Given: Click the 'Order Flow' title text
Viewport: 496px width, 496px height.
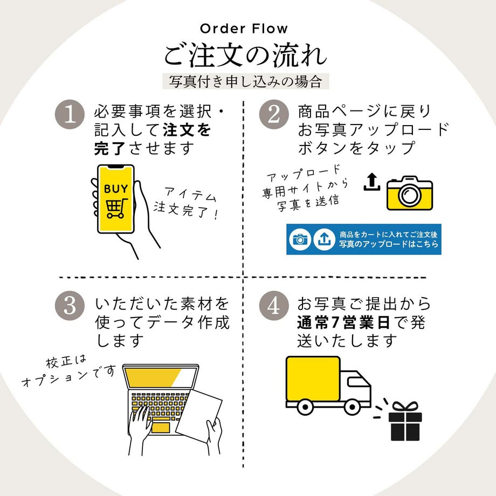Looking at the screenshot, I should click(244, 29).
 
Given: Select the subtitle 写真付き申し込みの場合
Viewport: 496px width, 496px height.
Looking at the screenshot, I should click(245, 82).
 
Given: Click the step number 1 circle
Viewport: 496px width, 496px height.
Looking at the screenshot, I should click(71, 115).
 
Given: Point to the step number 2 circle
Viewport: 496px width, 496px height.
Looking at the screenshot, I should click(274, 115).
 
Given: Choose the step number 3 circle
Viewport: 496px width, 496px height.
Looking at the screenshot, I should click(71, 306).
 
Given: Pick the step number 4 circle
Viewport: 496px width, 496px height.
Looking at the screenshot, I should click(274, 306).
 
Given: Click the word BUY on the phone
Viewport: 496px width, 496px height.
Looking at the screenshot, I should click(116, 189).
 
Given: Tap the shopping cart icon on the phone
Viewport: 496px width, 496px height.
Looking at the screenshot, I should click(115, 209).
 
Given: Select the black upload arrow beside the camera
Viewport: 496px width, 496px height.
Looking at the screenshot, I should click(371, 182).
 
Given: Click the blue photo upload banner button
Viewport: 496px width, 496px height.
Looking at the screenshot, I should click(363, 239).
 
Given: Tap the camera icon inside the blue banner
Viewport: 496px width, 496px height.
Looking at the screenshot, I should click(300, 239).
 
